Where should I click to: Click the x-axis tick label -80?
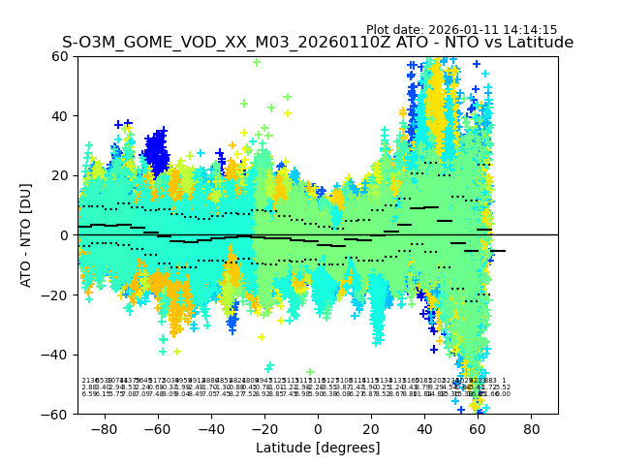point(104,428)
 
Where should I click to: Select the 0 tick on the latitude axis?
point(318,428)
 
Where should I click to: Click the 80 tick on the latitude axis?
point(532,428)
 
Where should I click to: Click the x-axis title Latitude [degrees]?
point(318,448)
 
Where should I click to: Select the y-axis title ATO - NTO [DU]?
point(27,235)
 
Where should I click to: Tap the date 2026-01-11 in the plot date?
point(465,30)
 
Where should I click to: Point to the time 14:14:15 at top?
point(530,30)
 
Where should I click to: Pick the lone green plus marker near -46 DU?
point(310,372)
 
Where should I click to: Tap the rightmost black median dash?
point(498,251)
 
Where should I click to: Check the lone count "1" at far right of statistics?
point(504,381)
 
